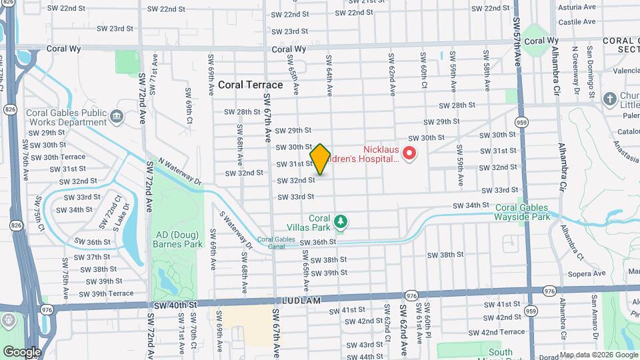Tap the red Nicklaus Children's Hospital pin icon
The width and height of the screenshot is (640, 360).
[x=409, y=155]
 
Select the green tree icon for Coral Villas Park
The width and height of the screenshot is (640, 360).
[x=341, y=220]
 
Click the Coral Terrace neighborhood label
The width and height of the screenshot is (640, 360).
[x=251, y=85]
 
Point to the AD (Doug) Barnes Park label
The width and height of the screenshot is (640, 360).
[x=179, y=239]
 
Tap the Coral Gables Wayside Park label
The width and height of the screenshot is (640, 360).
[x=522, y=212]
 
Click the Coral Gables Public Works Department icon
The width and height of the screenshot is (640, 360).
[x=117, y=117]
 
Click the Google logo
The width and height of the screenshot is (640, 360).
[x=22, y=351]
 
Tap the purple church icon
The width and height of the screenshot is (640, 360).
[x=609, y=99]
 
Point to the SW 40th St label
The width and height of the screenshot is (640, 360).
[x=175, y=305]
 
